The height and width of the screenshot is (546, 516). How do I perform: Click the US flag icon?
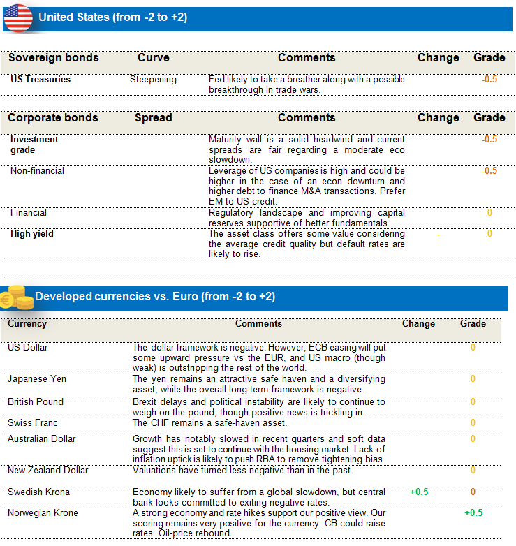coord(18,17)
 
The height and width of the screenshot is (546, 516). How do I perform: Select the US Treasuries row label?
coord(40,80)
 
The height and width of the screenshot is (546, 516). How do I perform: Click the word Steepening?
coord(153,80)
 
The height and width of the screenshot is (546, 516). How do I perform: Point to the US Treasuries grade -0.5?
coord(489,80)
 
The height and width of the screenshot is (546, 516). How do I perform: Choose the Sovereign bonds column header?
coord(53,58)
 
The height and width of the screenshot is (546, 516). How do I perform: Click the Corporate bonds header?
coord(53,118)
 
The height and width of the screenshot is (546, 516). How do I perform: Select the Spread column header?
coord(153,118)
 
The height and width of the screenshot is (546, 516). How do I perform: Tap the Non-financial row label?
coord(37,171)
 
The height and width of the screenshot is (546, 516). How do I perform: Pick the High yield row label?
coord(31,234)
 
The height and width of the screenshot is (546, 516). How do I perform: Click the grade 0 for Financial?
coord(489,213)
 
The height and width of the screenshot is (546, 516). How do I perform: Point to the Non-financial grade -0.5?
coord(489,171)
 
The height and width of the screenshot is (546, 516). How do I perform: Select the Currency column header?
coord(27,324)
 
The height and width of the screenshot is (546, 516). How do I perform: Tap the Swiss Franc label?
coord(33,423)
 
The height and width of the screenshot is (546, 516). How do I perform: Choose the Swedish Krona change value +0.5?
coord(419,492)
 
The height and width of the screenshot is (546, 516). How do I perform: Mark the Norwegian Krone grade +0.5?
coord(473,513)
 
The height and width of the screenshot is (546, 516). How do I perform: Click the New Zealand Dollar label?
coord(48,471)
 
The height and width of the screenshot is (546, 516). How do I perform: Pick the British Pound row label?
coord(36,402)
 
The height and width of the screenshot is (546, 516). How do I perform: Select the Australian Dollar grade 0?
coord(473,439)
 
